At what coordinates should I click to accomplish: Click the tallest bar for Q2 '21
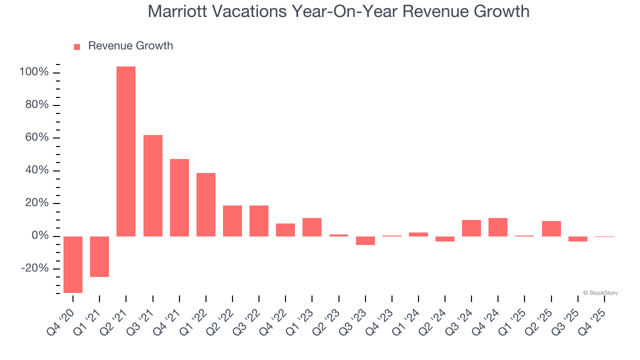tap(126, 151)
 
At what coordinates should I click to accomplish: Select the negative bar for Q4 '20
tap(73, 264)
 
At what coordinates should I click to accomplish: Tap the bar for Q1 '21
tap(99, 256)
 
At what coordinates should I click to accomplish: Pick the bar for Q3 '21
tap(153, 185)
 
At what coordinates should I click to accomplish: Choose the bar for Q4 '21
tap(179, 197)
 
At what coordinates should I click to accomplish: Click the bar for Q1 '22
tap(206, 204)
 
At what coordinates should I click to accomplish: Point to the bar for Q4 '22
tap(285, 230)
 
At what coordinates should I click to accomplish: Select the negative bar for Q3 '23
tap(365, 240)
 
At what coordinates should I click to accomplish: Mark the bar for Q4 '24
tap(498, 227)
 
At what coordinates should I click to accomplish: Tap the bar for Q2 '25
tap(551, 228)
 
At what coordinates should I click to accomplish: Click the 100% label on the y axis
tap(34, 72)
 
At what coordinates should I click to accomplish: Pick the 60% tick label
tap(37, 138)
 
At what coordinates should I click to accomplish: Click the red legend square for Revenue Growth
tap(77, 46)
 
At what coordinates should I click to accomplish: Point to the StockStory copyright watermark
tap(600, 293)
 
